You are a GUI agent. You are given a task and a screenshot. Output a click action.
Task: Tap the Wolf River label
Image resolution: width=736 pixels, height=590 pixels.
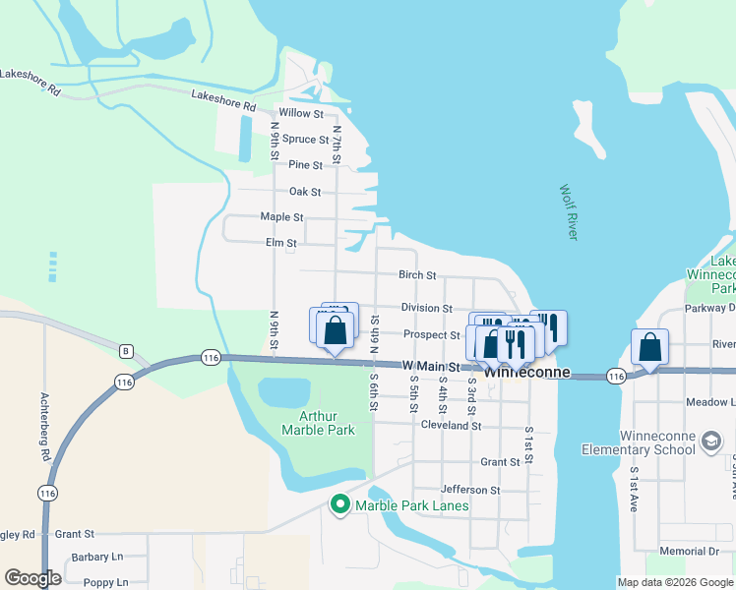[569, 211]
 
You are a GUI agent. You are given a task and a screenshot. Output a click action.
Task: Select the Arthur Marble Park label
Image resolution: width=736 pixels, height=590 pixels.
[318, 423]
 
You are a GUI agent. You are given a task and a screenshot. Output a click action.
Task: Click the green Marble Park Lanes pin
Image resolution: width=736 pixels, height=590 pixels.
[340, 505]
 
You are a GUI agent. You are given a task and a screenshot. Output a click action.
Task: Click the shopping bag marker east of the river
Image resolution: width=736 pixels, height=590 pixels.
[649, 347]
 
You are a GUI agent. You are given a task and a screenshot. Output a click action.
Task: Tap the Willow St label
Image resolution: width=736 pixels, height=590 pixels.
[301, 113]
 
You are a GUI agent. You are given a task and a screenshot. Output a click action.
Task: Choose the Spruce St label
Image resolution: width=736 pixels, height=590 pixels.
[305, 140]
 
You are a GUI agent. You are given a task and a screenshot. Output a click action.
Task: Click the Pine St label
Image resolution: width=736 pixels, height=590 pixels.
[306, 165]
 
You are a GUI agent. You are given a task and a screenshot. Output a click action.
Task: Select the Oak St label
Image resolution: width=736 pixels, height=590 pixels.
[305, 192]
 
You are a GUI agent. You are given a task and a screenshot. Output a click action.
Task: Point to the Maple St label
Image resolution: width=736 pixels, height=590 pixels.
[281, 216]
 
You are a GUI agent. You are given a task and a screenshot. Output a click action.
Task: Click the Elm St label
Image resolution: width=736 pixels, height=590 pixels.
[281, 243]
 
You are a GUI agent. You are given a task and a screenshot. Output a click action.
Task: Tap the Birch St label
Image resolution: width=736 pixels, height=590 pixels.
[417, 276]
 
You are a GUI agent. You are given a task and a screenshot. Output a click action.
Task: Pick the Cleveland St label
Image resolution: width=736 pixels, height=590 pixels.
[451, 426]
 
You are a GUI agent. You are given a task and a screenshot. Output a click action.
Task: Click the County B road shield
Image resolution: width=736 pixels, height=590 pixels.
[125, 351]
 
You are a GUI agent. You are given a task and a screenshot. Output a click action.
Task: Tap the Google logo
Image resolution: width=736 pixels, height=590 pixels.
[32, 578]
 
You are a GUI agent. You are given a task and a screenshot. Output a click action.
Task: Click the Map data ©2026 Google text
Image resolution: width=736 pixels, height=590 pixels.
[674, 582]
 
